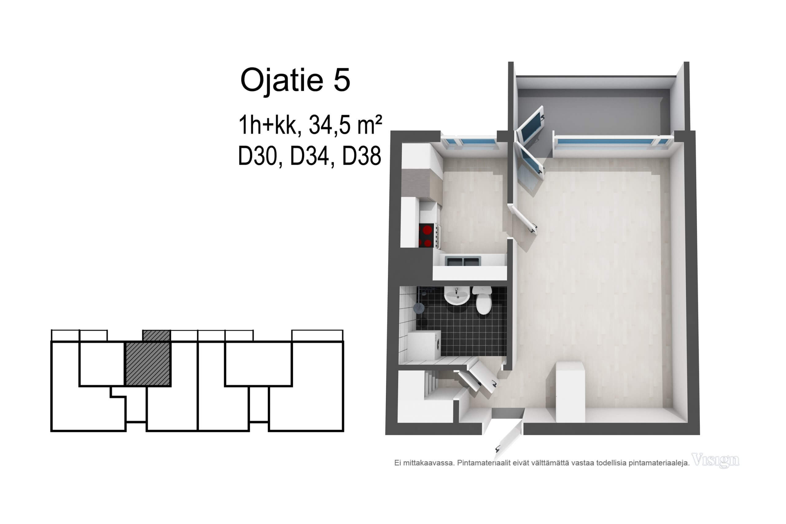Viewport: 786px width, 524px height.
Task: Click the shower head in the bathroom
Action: click(419, 308)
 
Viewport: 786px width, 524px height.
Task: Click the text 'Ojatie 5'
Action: click(295, 80)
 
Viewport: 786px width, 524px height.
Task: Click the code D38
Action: click(362, 156)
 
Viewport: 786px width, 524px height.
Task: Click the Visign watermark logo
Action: click(715, 460)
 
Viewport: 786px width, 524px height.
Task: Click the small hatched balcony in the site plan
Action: click(156, 336)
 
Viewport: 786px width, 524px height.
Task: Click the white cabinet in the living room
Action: click(570, 392)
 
